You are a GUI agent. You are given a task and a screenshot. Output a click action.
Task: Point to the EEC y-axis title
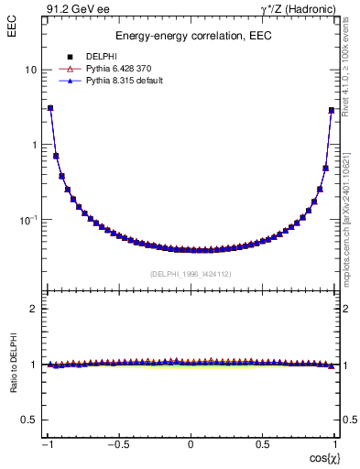(x=14, y=27)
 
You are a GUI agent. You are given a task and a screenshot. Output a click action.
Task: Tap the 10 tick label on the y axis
(x=30, y=70)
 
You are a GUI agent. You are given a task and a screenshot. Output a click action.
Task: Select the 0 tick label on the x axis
(x=191, y=444)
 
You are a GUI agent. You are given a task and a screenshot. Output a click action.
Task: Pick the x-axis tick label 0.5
(x=264, y=444)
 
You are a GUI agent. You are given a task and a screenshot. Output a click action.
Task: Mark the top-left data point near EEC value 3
(x=50, y=108)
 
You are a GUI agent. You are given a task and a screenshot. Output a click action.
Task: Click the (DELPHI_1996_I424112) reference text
(x=191, y=272)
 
